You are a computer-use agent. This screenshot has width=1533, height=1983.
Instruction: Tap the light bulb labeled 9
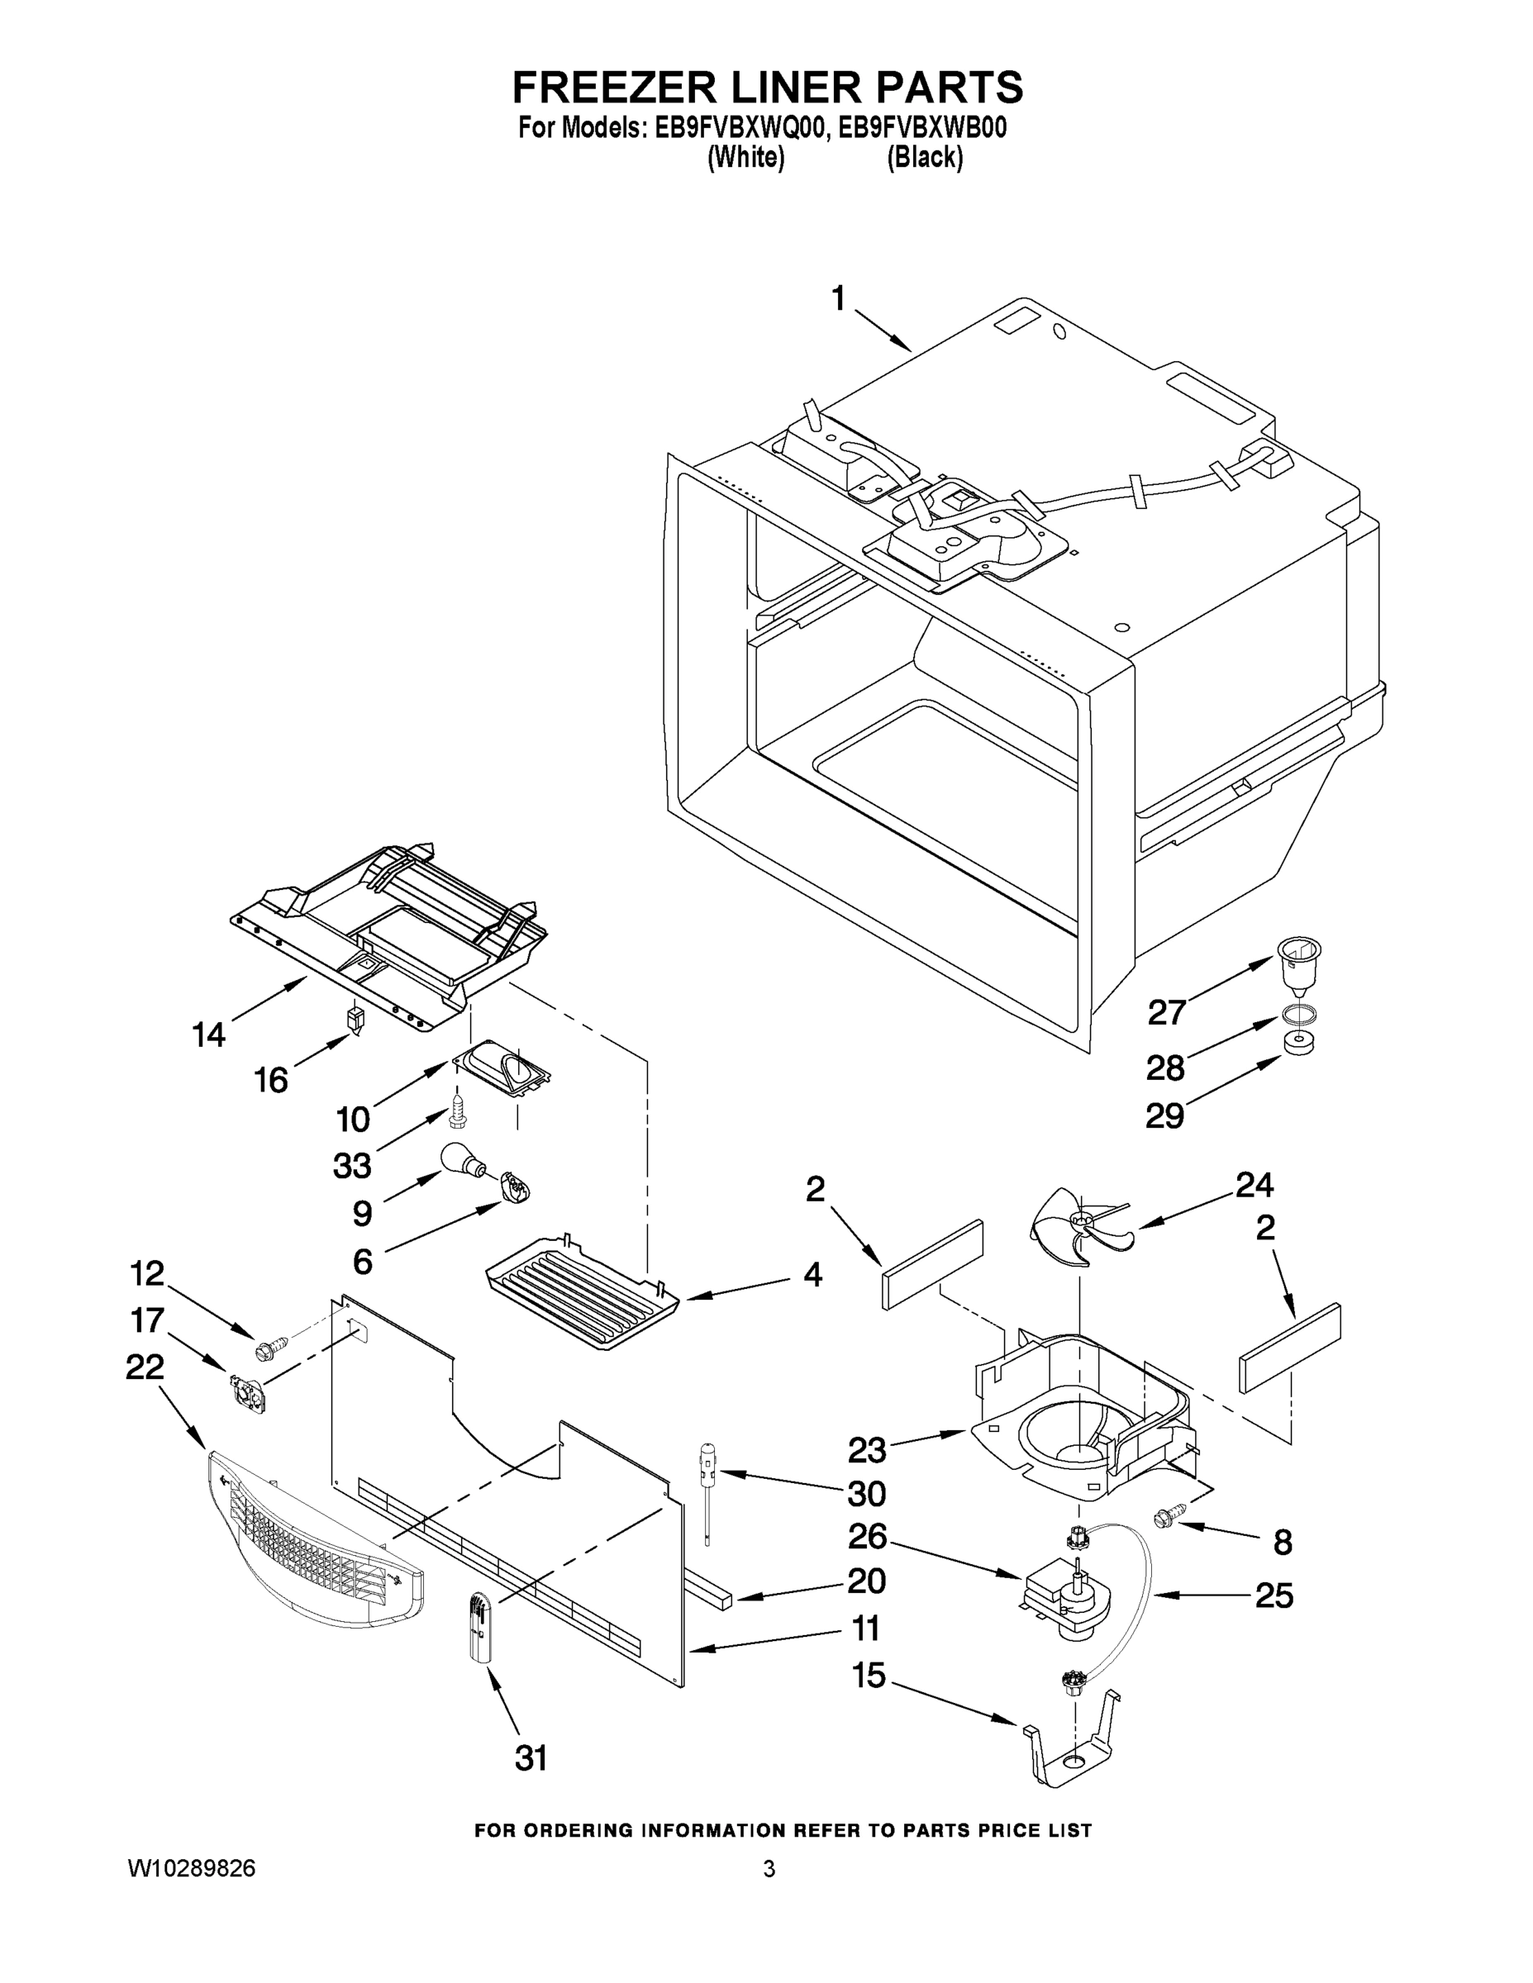coord(461,1160)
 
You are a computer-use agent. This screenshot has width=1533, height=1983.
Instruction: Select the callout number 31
coord(531,1757)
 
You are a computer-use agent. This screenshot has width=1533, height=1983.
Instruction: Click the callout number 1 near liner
coord(838,297)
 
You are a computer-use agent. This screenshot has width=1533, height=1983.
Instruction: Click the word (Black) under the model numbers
coord(924,157)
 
